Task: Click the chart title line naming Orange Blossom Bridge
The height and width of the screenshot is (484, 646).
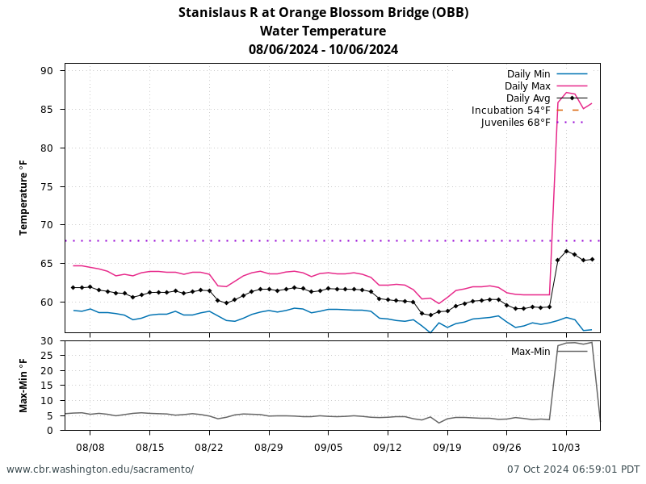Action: coord(323,12)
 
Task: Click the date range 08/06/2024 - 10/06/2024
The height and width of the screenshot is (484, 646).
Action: coord(323,49)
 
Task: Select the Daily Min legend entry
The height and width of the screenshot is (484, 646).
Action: coord(528,73)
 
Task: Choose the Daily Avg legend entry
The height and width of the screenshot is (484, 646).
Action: coord(528,98)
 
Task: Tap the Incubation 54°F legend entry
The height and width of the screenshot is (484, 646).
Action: coord(511,110)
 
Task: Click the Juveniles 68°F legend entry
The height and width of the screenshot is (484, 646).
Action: coord(515,123)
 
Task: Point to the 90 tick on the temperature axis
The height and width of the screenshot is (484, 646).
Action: coord(46,71)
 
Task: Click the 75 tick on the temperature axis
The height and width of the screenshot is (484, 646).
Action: coord(46,186)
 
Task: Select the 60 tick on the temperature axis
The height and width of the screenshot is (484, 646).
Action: coord(46,302)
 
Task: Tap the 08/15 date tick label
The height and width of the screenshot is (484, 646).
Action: coord(149,447)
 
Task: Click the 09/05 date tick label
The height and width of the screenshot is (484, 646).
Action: coord(328,447)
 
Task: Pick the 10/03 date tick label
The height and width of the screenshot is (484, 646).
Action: coord(565,447)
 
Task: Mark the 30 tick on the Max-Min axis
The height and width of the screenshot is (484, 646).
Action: coord(46,341)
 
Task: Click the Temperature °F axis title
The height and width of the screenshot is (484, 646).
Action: coord(23,198)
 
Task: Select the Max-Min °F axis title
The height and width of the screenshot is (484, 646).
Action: coord(23,386)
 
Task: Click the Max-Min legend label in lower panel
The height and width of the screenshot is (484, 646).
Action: coord(530,351)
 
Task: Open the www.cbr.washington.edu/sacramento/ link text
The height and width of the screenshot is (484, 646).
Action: coord(100,469)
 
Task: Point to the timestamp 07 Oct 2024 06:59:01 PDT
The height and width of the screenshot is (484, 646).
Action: coord(573,469)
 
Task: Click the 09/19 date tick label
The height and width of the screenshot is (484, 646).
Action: coord(447,447)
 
